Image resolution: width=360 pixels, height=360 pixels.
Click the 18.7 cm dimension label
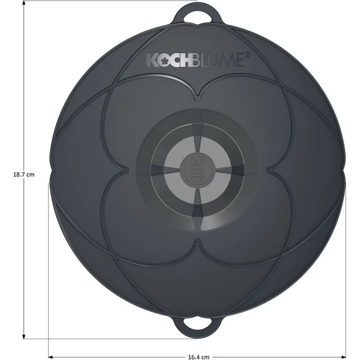23,175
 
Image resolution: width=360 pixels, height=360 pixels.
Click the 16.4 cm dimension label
199,357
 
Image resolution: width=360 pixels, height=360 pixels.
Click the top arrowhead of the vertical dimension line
23,3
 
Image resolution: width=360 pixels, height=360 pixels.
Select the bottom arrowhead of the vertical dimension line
23,336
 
